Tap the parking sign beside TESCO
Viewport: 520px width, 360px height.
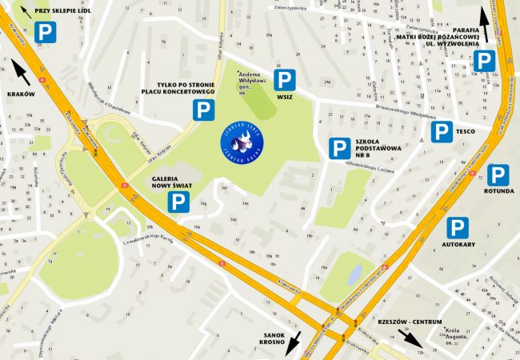442,131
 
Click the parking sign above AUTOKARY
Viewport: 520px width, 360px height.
457,228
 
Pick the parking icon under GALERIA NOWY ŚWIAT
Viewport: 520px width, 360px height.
178,202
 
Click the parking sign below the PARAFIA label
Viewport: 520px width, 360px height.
484,62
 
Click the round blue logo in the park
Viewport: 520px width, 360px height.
242,142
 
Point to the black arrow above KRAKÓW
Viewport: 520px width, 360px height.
22,74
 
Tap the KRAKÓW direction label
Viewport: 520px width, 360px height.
22,94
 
